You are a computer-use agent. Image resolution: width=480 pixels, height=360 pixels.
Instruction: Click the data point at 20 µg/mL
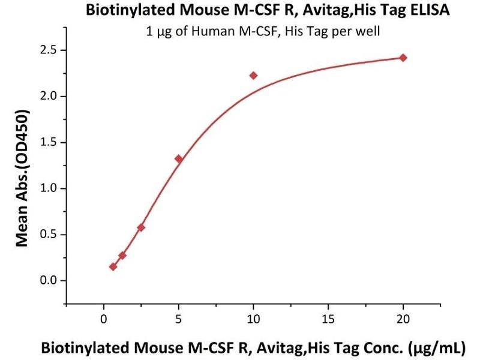click(403, 58)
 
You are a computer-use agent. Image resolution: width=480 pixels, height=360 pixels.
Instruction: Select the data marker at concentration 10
click(253, 76)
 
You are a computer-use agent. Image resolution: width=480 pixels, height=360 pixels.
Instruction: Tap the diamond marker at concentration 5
click(179, 159)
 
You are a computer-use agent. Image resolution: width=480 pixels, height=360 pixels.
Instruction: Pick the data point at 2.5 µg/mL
click(141, 227)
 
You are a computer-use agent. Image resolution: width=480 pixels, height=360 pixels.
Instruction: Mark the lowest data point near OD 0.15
click(113, 266)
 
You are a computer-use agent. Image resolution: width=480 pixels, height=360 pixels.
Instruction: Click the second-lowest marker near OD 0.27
click(122, 256)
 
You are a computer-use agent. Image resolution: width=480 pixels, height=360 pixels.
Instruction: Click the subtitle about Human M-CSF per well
click(263, 31)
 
